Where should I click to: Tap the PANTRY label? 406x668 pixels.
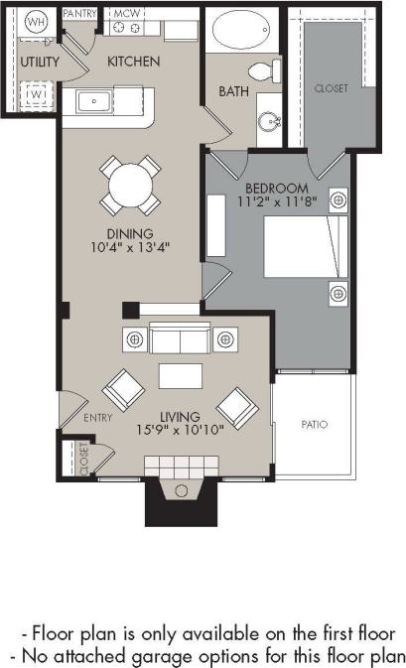point(80,14)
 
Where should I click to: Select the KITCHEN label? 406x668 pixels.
point(134,62)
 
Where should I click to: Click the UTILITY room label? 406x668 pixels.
point(39,62)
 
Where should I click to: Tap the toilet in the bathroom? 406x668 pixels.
point(262,72)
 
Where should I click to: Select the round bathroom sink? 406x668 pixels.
point(268,122)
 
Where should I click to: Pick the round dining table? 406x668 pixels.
point(131,185)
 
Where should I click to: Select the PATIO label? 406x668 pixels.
point(314,425)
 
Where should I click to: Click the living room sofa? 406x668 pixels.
point(180,338)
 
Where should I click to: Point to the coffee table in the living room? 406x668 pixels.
point(180,377)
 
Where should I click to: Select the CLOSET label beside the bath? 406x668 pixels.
point(331,88)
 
